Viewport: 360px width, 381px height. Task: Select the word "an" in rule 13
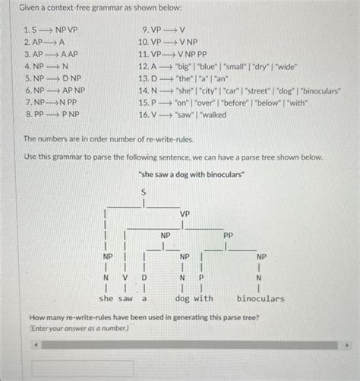pos(223,78)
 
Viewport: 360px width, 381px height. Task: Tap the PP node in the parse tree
pos(229,236)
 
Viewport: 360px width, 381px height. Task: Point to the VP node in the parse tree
pos(185,214)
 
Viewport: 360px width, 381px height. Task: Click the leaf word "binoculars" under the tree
pos(260,299)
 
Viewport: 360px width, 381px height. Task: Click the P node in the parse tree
pos(201,278)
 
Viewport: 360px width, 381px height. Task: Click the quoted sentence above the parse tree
pos(180,174)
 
